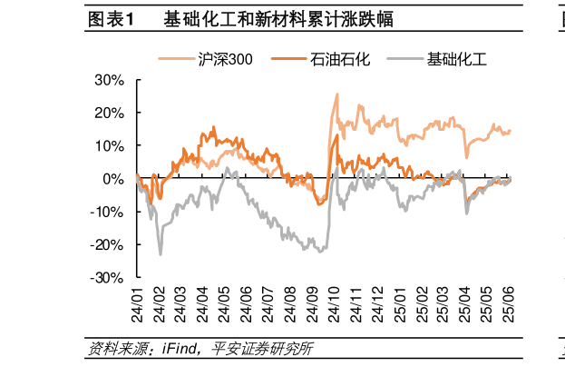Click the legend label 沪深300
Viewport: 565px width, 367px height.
[225, 60]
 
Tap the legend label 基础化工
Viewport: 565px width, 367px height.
[457, 60]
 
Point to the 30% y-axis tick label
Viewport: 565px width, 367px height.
[110, 80]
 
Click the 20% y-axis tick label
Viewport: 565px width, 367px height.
[110, 113]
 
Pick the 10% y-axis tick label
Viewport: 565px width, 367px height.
[110, 145]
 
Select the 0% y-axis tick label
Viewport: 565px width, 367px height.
[114, 179]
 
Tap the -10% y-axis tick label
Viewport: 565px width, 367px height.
[108, 212]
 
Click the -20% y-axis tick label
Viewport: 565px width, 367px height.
[108, 244]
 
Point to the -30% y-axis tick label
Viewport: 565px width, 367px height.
[108, 278]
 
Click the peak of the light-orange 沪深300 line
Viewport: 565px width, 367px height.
[337, 94]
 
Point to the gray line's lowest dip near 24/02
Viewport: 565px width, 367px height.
[161, 253]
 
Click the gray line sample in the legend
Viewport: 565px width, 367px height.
[405, 60]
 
